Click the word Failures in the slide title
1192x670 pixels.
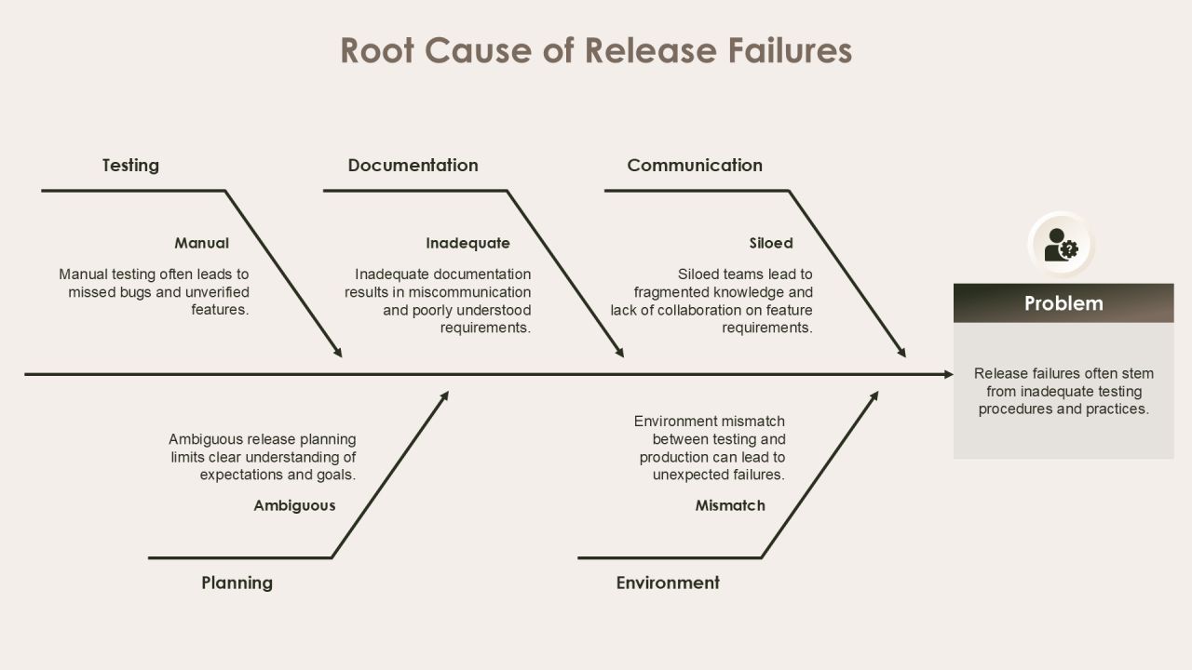coord(790,50)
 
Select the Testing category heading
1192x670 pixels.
coord(130,166)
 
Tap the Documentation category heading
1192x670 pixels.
coord(413,166)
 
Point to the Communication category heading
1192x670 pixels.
coord(695,166)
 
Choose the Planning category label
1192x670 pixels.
coord(237,583)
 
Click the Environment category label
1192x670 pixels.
coord(668,583)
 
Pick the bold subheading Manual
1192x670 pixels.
coord(202,243)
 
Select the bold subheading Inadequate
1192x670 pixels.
coord(467,244)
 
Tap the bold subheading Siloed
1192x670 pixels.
coord(771,243)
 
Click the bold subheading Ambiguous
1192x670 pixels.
coord(294,505)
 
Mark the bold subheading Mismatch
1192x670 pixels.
coord(730,505)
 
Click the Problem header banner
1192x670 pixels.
coord(1063,303)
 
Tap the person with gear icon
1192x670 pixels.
coord(1061,245)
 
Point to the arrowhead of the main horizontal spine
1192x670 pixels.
coord(949,374)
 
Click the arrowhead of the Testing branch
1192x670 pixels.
coord(338,352)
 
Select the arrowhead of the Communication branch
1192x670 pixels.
coord(901,352)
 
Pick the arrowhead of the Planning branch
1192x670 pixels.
coord(444,396)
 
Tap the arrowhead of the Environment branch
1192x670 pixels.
coord(874,396)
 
